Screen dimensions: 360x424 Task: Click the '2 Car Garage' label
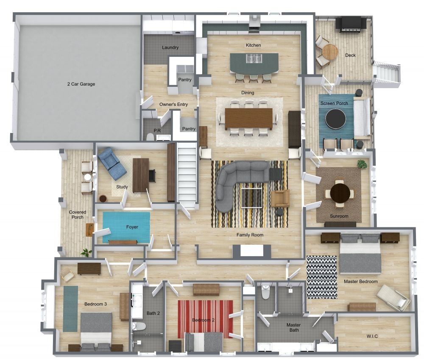[81, 84]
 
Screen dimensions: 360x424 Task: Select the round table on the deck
[330, 52]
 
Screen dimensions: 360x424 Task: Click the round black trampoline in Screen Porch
[336, 118]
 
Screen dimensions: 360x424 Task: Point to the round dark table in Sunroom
[340, 193]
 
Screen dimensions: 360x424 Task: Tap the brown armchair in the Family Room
[280, 198]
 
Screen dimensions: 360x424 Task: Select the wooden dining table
[248, 118]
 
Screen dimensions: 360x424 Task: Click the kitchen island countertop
[254, 63]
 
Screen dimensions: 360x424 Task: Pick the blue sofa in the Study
[112, 163]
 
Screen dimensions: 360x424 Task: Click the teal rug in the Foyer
[126, 227]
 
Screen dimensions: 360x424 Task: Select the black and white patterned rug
[321, 277]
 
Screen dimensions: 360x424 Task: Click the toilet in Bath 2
[139, 326]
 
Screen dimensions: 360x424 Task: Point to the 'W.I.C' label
[372, 336]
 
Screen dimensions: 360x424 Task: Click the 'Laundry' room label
[170, 47]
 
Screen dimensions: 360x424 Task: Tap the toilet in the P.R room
[150, 136]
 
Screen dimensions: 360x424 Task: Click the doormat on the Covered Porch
[90, 230]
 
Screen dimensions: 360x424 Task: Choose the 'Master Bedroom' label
[360, 281]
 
